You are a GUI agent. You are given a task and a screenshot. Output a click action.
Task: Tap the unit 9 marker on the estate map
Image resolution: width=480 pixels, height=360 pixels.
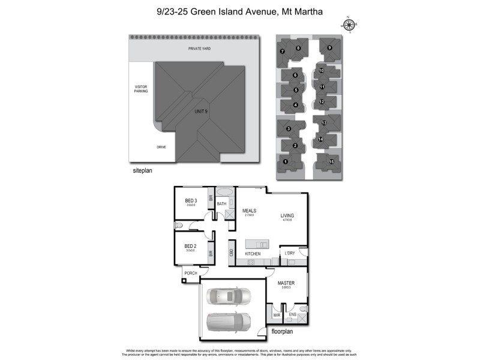(x=329, y=47)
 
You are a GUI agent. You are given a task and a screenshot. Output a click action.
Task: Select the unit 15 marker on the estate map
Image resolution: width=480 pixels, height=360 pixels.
(x=331, y=161)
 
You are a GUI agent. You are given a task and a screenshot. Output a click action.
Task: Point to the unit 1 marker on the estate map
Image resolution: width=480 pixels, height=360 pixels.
(x=285, y=161)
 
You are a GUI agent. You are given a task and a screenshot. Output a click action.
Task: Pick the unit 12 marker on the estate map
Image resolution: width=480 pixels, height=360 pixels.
(x=322, y=102)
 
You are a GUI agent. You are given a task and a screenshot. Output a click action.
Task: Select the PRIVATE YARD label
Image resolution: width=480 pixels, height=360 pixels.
(x=199, y=49)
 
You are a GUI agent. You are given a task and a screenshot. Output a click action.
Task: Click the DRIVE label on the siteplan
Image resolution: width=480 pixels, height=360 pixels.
(x=161, y=147)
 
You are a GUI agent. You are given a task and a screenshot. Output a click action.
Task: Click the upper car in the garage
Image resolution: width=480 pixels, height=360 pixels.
(x=227, y=296)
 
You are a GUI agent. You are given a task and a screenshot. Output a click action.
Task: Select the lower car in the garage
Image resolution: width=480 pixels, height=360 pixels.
(x=227, y=323)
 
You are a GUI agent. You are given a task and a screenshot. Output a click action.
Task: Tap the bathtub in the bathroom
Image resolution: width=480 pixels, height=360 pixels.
(x=225, y=193)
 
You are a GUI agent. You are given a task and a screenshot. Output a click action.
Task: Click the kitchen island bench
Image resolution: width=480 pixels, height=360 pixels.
(x=257, y=244)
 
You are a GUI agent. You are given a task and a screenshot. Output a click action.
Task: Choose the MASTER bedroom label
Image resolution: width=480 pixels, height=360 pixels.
(x=284, y=282)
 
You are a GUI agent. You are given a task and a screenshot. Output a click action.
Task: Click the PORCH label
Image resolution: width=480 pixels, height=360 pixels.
(x=191, y=273)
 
